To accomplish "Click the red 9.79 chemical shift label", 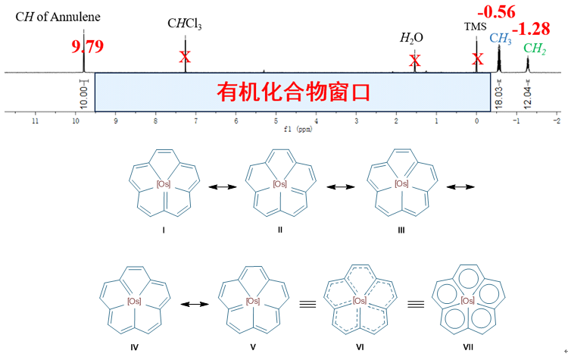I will (x=86, y=45).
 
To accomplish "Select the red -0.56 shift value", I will (x=496, y=12).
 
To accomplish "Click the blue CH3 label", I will (x=500, y=37).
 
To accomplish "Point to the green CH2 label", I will (x=535, y=49).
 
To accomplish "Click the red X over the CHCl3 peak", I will (x=186, y=57).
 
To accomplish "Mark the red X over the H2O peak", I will (x=415, y=60).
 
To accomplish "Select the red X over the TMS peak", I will (x=477, y=59).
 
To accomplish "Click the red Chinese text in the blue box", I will (x=294, y=92).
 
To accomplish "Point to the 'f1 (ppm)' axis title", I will (x=292, y=129).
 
